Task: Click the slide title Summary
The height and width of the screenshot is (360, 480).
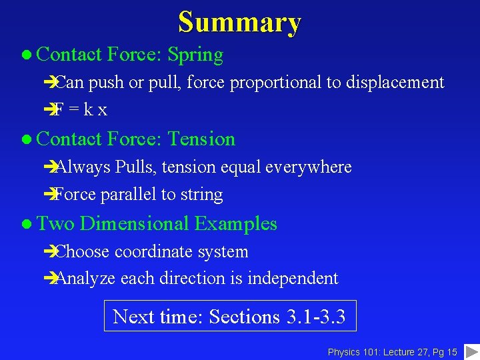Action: click(x=239, y=22)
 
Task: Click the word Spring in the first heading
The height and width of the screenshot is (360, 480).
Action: click(x=195, y=55)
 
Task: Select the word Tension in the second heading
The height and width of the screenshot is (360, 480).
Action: click(x=201, y=139)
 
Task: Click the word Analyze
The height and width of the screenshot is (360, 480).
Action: click(x=85, y=278)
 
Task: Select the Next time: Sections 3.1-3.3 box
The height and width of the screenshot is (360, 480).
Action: click(x=230, y=316)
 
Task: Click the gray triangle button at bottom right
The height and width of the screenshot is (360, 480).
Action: click(x=471, y=351)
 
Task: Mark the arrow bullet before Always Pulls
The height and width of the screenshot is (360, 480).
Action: click(x=47, y=167)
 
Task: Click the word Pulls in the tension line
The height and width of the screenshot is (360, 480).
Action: click(x=134, y=167)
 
